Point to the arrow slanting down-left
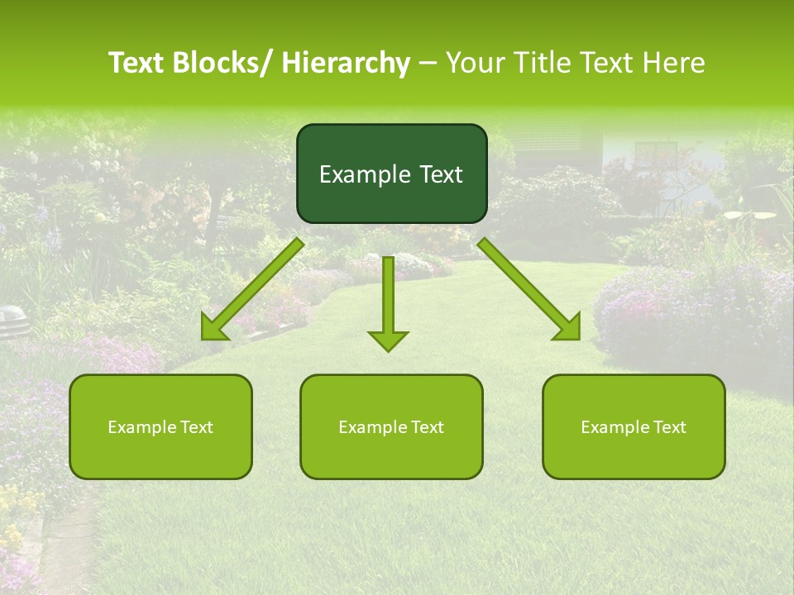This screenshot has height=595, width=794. click(x=252, y=289)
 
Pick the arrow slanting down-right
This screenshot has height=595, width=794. click(x=529, y=289)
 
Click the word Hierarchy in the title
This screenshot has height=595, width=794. click(x=346, y=63)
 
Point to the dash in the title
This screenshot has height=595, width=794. click(x=428, y=63)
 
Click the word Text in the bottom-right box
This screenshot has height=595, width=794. click(x=669, y=427)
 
